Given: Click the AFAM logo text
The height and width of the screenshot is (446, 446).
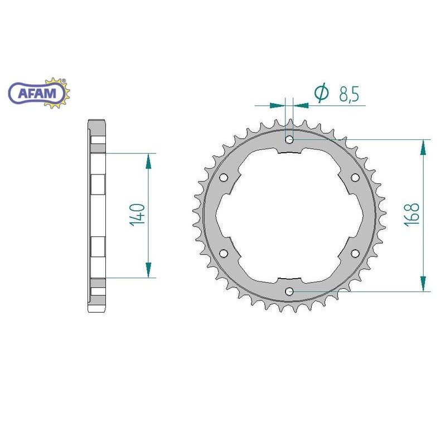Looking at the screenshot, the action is pos(37,93).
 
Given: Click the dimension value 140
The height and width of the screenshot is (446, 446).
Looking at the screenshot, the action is pos(137,215).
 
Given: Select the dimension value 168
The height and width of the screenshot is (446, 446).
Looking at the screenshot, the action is pos(412,215).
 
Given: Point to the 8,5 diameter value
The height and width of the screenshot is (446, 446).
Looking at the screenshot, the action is pos(350,94).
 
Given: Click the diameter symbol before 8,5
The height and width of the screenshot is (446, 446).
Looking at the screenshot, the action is pos(322,93).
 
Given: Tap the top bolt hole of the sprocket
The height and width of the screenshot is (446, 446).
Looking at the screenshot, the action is pos(289,139).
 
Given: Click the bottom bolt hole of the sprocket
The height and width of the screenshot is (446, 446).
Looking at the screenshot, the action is pos(289,291).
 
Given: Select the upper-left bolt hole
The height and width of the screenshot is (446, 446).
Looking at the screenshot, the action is pos(224,177).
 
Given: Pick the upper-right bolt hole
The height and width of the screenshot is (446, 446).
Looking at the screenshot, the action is pos(355,177).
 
